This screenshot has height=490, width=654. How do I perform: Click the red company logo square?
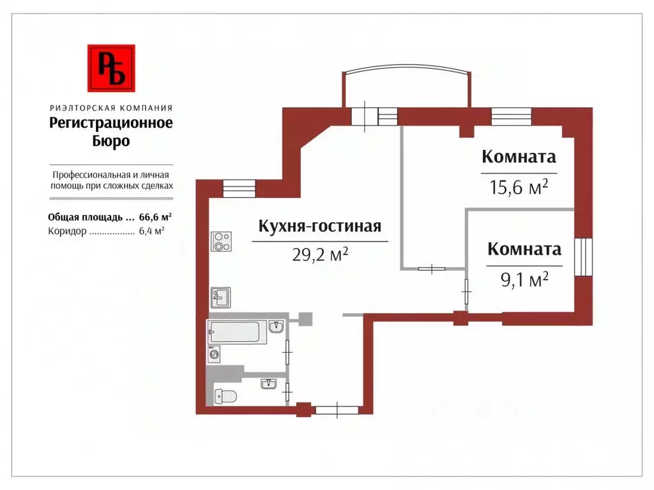(x=111, y=68)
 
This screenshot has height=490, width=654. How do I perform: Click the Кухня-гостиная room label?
(x=319, y=226)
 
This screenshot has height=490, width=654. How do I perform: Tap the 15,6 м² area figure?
(x=519, y=188)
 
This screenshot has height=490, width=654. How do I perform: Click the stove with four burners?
(x=221, y=241)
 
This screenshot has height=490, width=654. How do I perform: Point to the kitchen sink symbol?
(x=220, y=298)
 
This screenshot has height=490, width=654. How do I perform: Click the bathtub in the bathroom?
(x=234, y=332)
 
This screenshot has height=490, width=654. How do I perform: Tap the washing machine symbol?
(x=214, y=354)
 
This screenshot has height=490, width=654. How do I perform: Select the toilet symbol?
(x=225, y=395)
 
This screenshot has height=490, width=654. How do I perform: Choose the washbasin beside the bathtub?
(x=277, y=327)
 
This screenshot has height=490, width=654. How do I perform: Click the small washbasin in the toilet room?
(x=269, y=383)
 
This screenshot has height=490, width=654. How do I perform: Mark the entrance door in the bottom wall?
(x=337, y=410)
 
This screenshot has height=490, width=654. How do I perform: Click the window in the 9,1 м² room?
(x=583, y=257)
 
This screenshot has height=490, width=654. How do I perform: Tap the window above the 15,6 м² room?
(x=511, y=116)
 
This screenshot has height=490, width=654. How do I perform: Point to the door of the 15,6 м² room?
(x=432, y=268)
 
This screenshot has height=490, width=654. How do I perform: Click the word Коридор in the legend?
(x=66, y=232)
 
